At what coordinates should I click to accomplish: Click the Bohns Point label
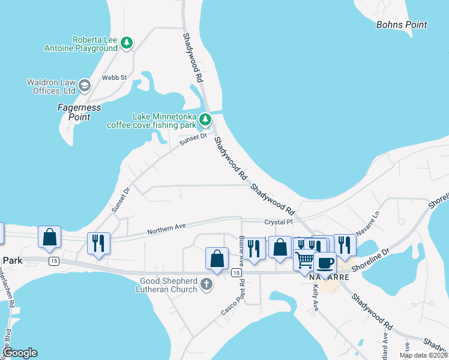(402, 25)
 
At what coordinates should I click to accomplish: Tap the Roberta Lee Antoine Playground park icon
(126, 43)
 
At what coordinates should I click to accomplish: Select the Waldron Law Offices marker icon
(84, 85)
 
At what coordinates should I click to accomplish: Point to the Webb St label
(114, 77)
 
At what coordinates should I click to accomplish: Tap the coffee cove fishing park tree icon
(205, 120)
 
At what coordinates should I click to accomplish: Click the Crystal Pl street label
(278, 222)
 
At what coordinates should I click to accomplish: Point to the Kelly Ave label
(316, 298)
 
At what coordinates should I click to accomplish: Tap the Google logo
(20, 353)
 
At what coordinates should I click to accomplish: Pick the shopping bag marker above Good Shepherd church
(217, 259)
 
